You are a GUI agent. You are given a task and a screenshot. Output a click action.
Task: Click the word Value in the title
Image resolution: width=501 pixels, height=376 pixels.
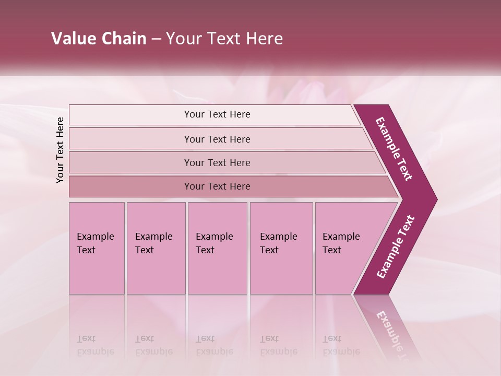click(73, 39)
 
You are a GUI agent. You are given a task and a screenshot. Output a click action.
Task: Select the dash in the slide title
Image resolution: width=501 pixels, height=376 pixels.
click(156, 39)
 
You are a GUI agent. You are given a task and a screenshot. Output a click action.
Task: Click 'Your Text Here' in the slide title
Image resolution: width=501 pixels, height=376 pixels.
click(224, 39)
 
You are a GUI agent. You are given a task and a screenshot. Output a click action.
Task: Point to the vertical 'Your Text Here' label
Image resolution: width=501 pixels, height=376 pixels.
click(60, 150)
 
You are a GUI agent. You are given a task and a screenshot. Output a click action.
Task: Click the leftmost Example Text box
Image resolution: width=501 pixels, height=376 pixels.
click(97, 248)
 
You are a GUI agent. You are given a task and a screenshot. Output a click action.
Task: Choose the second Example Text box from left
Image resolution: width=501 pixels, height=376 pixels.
click(156, 248)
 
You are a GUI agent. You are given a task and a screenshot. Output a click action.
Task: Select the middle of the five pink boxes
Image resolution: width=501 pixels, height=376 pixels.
click(217, 248)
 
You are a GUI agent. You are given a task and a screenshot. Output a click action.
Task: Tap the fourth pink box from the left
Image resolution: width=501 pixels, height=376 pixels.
click(281, 248)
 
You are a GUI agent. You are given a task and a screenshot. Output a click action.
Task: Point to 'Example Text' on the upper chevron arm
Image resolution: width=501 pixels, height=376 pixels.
click(394, 149)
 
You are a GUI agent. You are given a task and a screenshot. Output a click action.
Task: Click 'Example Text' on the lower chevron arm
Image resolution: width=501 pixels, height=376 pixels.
click(396, 247)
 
